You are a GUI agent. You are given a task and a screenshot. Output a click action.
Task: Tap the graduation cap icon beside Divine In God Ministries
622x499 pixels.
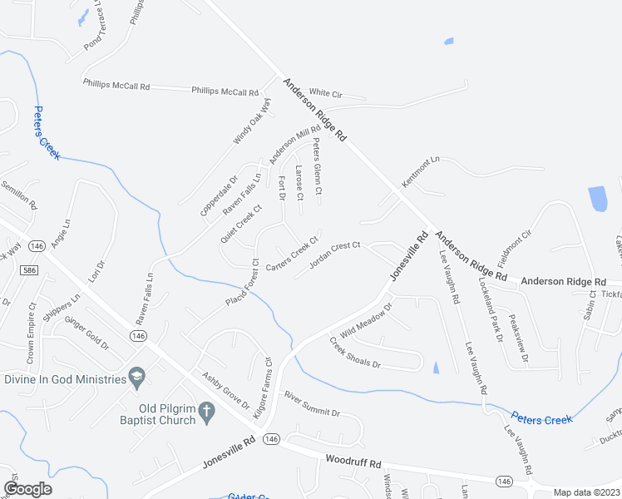(x=135, y=379)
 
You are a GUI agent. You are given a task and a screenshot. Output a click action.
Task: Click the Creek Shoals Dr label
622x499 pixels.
(x=354, y=353)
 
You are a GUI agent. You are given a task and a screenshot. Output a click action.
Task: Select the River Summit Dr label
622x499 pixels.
(x=312, y=403)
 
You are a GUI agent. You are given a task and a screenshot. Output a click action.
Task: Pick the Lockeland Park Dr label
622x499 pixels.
(x=488, y=309)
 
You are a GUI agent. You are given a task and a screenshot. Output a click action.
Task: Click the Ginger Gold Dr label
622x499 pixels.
(x=86, y=333)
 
